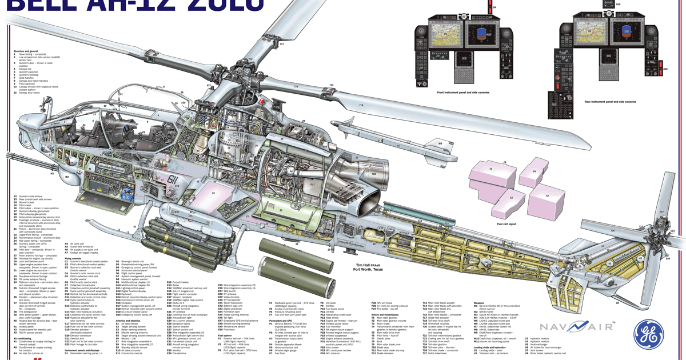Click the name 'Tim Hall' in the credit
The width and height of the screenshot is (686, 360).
(364, 265)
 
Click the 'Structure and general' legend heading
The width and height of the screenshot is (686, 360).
(26, 51)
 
